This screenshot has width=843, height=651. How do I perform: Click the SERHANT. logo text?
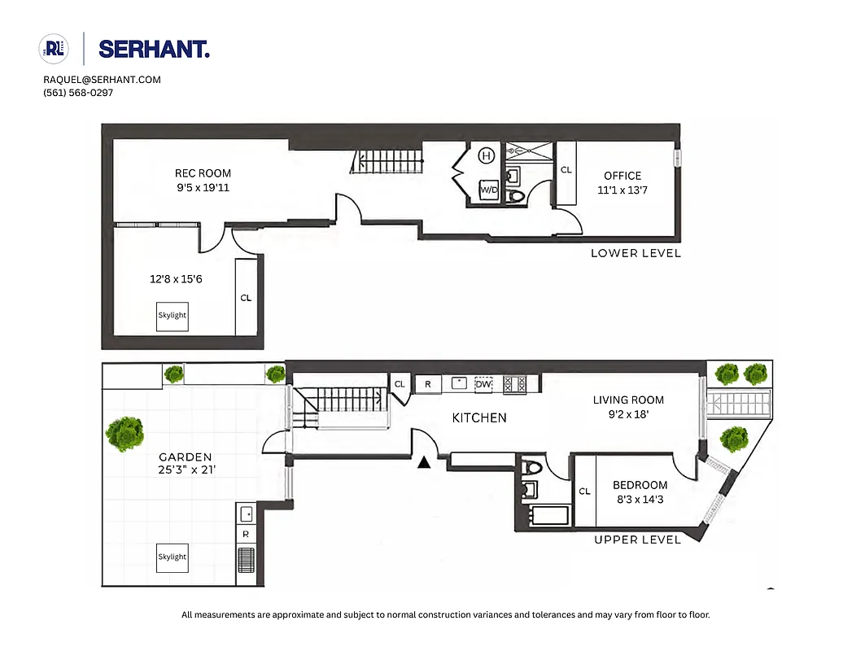154,49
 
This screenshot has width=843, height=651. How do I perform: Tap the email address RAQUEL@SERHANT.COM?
102,80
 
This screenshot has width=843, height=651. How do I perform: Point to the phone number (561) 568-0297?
78,93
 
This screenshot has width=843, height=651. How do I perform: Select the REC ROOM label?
203,173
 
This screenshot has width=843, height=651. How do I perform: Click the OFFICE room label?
622,176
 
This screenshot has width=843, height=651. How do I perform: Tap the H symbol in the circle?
487,155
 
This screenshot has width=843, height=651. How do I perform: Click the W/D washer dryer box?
488,190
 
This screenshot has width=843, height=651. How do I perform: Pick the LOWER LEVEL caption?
636,253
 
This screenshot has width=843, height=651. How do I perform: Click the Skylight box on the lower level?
173,316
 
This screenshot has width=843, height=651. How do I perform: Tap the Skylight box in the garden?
173,557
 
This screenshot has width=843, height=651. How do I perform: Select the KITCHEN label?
479,417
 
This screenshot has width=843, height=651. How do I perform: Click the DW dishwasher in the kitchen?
483,383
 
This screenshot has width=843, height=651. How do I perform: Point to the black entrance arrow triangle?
423,463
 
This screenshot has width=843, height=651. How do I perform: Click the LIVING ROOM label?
628,400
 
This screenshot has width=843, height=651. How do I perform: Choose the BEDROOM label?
640,486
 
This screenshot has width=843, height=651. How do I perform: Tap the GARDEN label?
185,457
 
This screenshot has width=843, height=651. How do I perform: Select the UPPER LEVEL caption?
637,540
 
